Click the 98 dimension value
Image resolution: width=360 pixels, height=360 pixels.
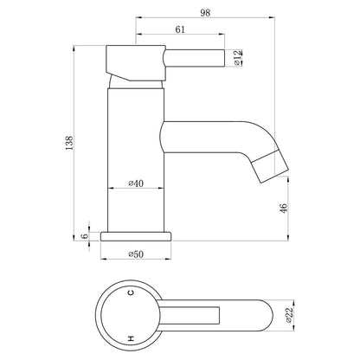[205, 13]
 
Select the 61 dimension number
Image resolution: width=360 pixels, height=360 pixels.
[180, 29]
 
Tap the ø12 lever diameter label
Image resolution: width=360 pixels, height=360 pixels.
[237, 58]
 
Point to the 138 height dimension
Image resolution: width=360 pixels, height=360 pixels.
[69, 143]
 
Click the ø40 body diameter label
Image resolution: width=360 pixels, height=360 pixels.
[136, 183]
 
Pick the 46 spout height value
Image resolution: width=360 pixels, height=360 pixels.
[284, 208]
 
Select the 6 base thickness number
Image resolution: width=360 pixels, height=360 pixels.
[85, 236]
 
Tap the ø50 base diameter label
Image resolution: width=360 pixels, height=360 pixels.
[136, 254]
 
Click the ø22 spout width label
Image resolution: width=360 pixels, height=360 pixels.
[289, 315]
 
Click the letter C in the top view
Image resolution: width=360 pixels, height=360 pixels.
[131, 293]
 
